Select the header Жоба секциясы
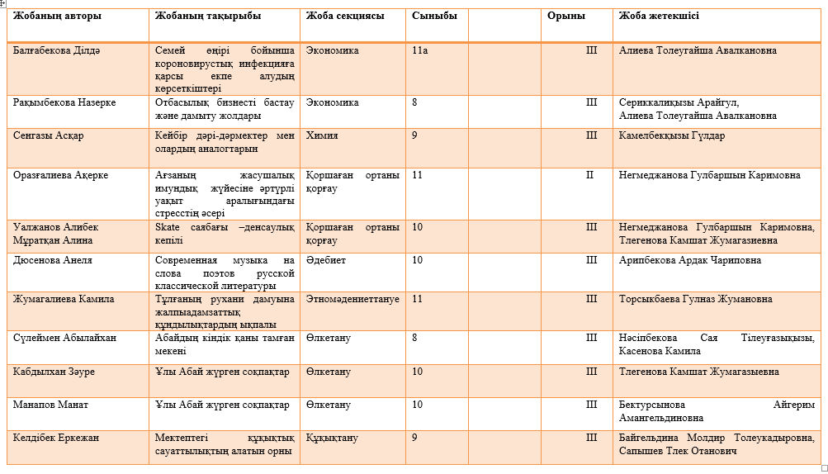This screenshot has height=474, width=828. pyautogui.click(x=344, y=16)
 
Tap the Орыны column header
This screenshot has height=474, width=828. pyautogui.click(x=565, y=16)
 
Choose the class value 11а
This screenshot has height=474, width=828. pyautogui.click(x=419, y=50)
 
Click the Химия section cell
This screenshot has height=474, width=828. pyautogui.click(x=322, y=135)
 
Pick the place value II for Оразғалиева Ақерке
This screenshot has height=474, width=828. pyautogui.click(x=590, y=175)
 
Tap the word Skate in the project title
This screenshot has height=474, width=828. pyautogui.click(x=168, y=227)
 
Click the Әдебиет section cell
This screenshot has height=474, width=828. pyautogui.click(x=325, y=260)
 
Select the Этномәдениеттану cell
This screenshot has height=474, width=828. pyautogui.click(x=352, y=299)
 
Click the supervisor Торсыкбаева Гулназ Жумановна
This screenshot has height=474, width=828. pyautogui.click(x=695, y=299)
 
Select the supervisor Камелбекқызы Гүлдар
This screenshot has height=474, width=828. pyautogui.click(x=672, y=135)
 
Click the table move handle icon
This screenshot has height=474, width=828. pyautogui.click(x=4, y=5)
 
